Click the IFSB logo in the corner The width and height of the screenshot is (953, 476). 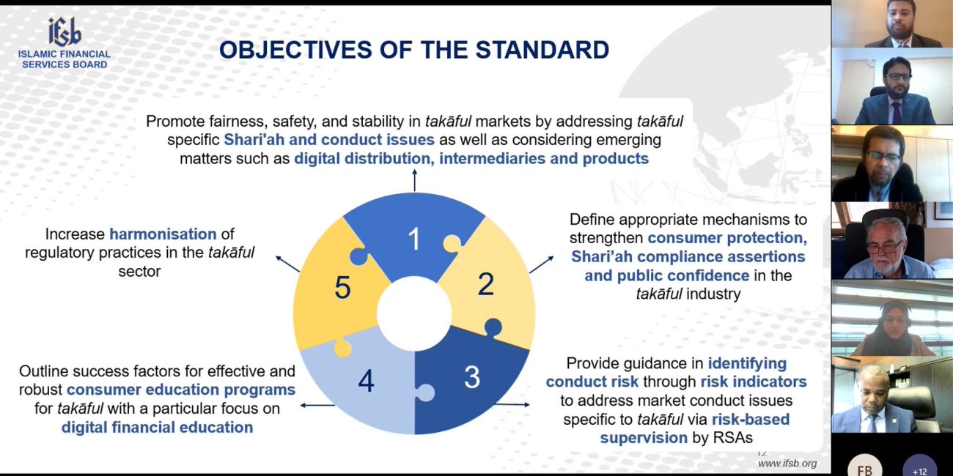[65, 42]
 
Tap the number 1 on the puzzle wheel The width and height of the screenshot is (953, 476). [413, 239]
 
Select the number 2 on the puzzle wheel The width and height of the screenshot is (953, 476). [485, 284]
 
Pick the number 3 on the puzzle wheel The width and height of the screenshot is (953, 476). [472, 377]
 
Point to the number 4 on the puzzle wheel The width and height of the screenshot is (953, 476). [366, 381]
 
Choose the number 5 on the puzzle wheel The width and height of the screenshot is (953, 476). [342, 288]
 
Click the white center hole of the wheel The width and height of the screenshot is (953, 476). [414, 313]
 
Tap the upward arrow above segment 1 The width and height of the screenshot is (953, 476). [414, 180]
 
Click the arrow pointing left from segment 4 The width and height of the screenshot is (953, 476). [317, 406]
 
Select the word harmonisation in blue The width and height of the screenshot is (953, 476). [163, 234]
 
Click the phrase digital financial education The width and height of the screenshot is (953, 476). [157, 427]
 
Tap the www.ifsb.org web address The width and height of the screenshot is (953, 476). [787, 464]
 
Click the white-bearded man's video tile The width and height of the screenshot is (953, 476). [892, 240]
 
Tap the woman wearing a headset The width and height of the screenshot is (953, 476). [892, 318]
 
